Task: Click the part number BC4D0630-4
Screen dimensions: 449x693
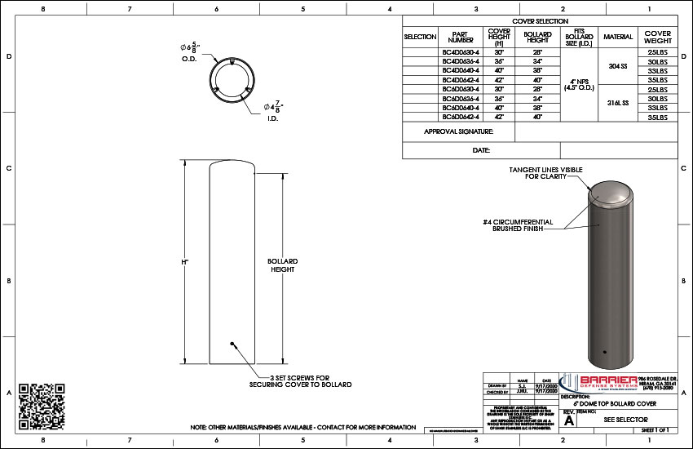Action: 461,51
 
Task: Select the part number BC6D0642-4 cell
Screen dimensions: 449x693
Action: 461,117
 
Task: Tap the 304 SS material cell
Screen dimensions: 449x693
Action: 618,65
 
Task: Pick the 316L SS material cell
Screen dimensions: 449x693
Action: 618,103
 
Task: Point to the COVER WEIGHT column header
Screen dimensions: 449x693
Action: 658,37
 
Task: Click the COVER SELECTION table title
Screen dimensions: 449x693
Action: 540,21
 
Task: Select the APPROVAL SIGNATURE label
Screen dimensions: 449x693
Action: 459,131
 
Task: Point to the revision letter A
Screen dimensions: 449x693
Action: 569,420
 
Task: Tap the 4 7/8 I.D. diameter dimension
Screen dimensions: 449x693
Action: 272,108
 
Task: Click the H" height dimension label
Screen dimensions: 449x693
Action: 185,262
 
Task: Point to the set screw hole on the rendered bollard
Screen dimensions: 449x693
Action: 603,353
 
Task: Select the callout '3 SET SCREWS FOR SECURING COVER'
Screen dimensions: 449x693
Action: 300,380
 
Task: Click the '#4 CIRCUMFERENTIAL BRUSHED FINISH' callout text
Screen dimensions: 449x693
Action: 517,225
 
